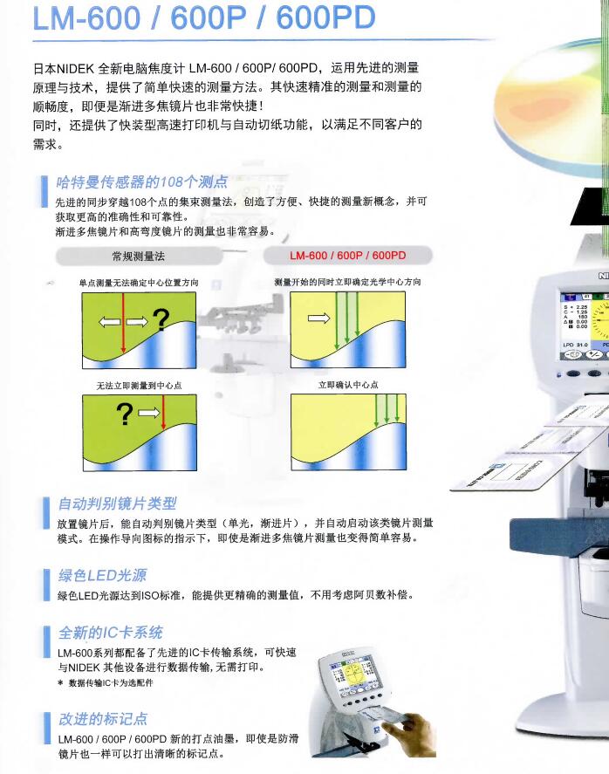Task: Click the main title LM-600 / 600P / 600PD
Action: tap(203, 17)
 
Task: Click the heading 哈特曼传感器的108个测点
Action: tap(141, 182)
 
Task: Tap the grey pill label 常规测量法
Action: tap(139, 257)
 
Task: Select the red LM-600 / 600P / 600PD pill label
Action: tap(348, 256)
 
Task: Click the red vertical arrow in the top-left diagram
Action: tap(123, 323)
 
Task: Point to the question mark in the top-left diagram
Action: tap(161, 320)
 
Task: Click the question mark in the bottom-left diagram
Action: tap(125, 414)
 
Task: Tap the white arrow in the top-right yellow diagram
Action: tap(318, 318)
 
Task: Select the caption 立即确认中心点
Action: tap(348, 385)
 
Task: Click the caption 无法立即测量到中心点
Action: tap(140, 385)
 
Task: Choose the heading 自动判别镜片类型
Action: tap(118, 503)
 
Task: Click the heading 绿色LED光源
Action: tap(103, 575)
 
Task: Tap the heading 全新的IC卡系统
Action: tap(111, 633)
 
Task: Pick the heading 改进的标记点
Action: tap(103, 719)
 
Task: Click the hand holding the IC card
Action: tap(416, 732)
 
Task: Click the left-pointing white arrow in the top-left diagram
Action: tap(110, 322)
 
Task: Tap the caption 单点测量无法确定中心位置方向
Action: tap(139, 283)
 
